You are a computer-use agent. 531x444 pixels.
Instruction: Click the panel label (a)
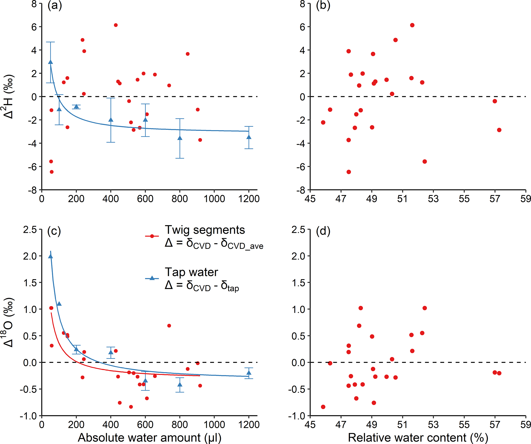[x=55, y=5]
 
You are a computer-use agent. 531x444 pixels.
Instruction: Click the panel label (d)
[x=323, y=231]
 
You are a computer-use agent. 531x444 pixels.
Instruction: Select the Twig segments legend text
[x=205, y=230]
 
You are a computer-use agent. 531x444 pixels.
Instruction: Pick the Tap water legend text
[x=191, y=272]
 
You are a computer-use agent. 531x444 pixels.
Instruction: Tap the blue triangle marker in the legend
[x=152, y=278]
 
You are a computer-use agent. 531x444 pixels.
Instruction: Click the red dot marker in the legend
[x=152, y=236]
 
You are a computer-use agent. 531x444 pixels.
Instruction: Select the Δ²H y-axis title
[x=9, y=97]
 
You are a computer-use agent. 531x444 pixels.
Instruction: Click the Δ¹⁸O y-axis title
[x=9, y=322]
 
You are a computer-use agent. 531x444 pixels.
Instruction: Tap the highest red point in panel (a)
[x=116, y=25]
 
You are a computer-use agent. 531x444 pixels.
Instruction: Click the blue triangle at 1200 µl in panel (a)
[x=249, y=137]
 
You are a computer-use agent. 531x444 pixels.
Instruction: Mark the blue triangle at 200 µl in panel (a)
[x=76, y=107]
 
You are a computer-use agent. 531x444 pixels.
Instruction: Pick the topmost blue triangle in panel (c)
[x=51, y=256]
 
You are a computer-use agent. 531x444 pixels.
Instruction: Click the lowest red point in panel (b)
[x=349, y=172]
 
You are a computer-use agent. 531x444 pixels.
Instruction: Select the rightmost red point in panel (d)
[x=499, y=373]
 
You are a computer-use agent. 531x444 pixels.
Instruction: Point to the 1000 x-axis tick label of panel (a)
[x=214, y=199]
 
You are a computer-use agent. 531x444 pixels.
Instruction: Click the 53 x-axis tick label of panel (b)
[x=433, y=199]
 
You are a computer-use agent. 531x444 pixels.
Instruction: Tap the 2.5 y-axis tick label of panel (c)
[x=30, y=230]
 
